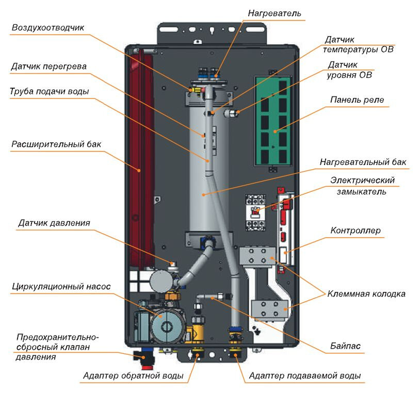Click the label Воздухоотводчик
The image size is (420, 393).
[x=48, y=28]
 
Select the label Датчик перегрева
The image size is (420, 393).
[x=49, y=67]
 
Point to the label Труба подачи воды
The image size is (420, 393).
[x=50, y=92]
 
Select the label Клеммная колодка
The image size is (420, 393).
[x=366, y=294]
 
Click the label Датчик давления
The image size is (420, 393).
[x=54, y=223]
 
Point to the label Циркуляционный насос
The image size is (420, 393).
[x=61, y=286]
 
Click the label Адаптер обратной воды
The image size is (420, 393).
[x=133, y=376]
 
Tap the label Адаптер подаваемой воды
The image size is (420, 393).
[x=304, y=376]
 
